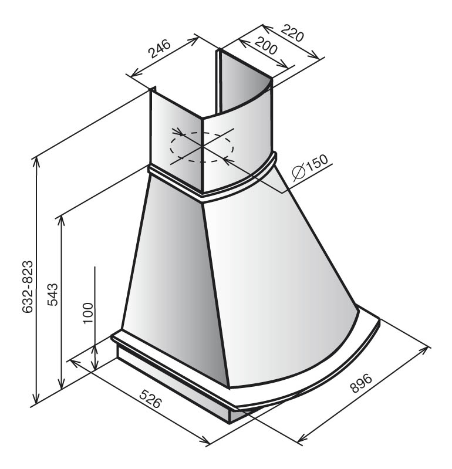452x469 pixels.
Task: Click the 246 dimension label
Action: [x=160, y=49]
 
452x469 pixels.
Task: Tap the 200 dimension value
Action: [x=266, y=45]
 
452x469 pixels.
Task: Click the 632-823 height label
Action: [x=27, y=286]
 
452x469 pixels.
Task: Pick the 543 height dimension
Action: [x=52, y=294]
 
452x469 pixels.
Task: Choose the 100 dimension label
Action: [x=89, y=313]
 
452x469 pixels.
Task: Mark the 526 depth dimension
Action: [x=151, y=399]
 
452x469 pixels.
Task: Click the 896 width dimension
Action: [x=362, y=383]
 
